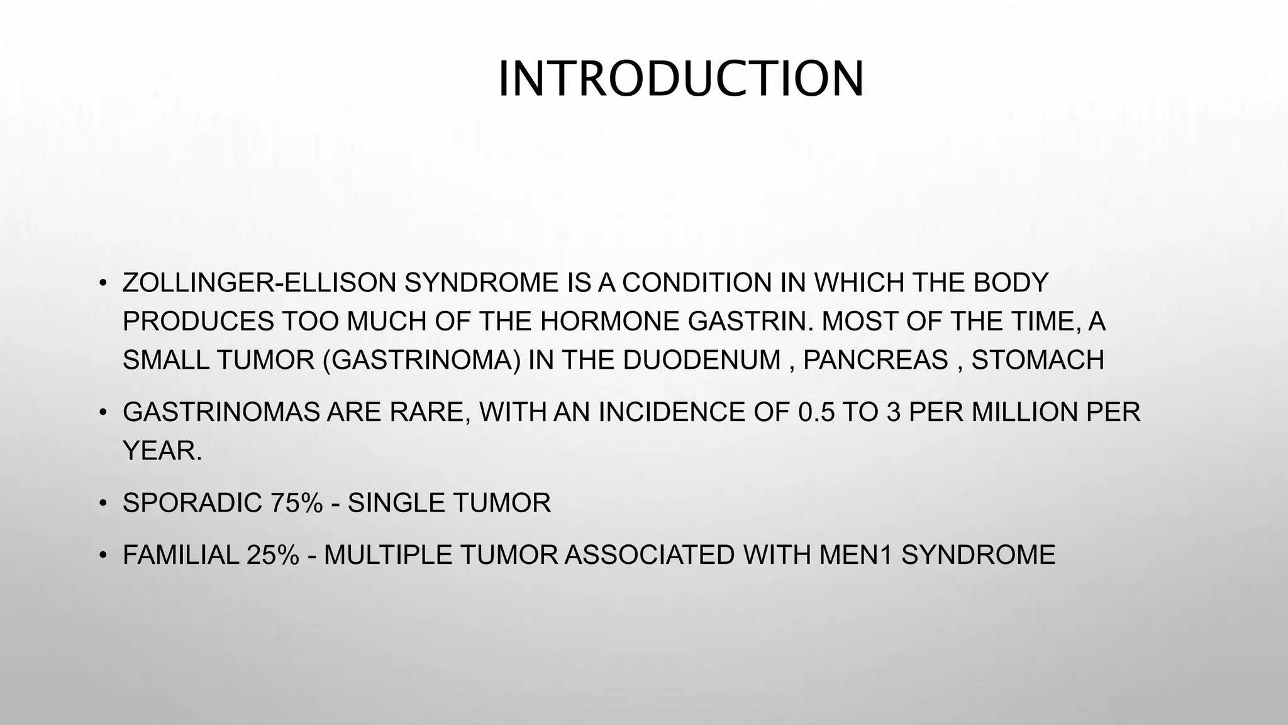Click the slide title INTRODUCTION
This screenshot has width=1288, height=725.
click(x=681, y=79)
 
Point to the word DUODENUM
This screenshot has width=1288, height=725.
click(x=702, y=360)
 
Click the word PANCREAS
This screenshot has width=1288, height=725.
click(x=875, y=360)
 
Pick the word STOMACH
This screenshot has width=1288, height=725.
click(x=1038, y=360)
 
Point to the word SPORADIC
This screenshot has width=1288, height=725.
click(x=192, y=503)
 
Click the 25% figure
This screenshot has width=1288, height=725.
click(x=272, y=555)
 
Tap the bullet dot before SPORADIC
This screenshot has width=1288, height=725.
click(x=101, y=503)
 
